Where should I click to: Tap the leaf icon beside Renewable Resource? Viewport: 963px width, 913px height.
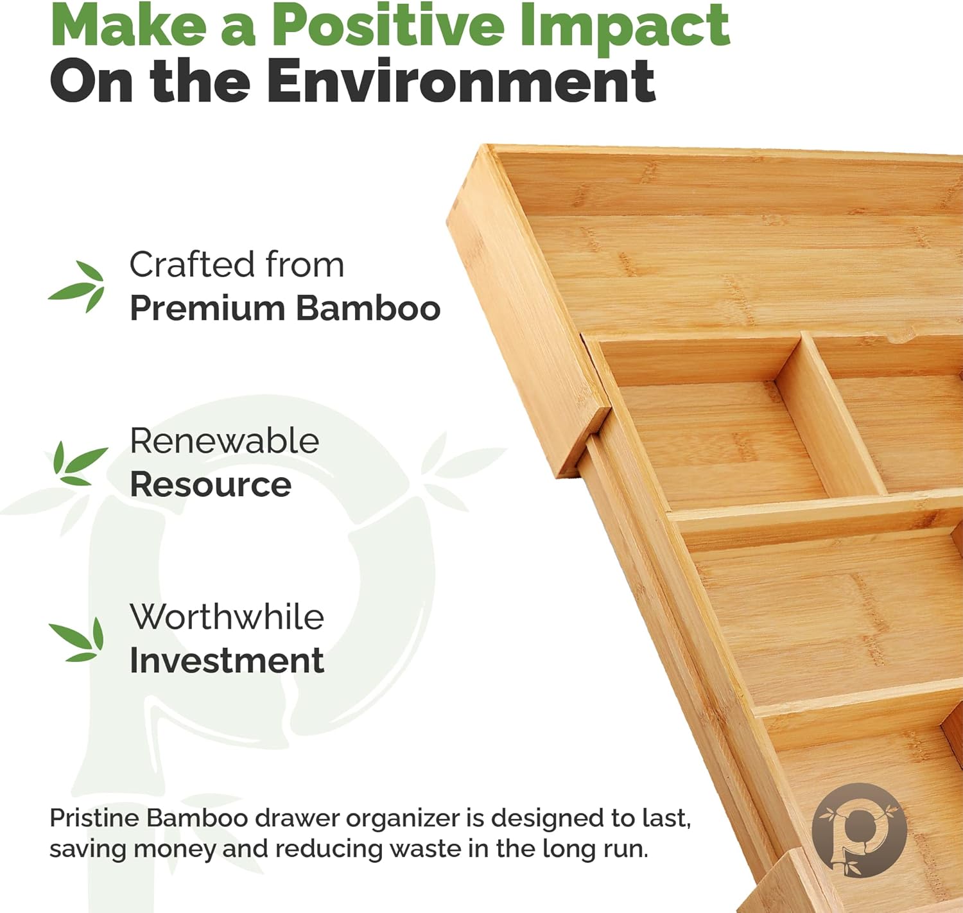[x=80, y=463]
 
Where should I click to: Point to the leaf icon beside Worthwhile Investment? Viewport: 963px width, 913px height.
[x=78, y=639]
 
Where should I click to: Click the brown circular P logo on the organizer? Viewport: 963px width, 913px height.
[x=859, y=830]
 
